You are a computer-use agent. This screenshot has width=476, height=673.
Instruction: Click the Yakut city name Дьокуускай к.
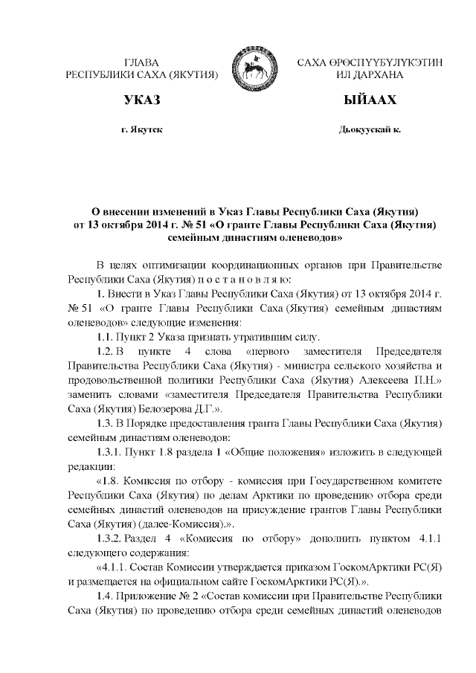coord(369,129)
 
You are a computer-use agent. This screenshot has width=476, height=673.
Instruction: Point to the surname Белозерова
coord(155,408)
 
